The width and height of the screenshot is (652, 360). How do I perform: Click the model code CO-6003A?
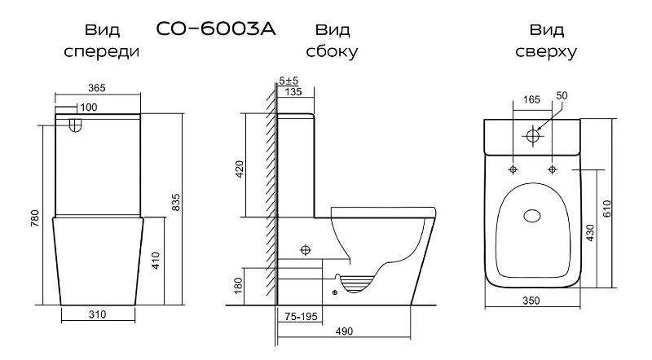tap(216, 29)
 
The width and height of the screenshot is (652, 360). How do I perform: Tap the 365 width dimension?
tap(97, 88)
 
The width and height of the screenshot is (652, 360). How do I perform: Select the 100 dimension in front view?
tap(89, 108)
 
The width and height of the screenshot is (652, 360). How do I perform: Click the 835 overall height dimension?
tap(176, 202)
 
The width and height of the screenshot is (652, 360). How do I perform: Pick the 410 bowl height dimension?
tap(156, 261)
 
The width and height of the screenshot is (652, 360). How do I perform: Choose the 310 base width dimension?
tap(97, 314)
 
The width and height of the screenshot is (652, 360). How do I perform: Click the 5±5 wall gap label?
tap(289, 81)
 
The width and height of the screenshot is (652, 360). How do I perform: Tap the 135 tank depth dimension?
tap(293, 91)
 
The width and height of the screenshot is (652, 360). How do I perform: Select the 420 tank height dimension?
tap(240, 169)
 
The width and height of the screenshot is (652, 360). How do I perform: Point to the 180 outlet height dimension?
tap(238, 286)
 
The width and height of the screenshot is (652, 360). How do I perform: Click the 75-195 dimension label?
tap(301, 316)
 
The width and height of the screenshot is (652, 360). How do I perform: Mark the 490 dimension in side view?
tap(344, 331)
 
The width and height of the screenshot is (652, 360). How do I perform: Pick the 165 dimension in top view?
tap(531, 99)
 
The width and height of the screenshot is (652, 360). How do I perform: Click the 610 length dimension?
tap(606, 209)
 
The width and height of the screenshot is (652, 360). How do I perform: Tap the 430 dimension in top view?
tap(590, 233)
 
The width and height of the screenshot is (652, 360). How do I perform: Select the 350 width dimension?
tap(531, 301)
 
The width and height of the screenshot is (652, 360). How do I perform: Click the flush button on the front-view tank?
tap(75, 125)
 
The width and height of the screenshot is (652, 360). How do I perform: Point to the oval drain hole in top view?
tap(532, 216)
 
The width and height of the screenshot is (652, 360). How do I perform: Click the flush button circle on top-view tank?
tap(533, 135)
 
